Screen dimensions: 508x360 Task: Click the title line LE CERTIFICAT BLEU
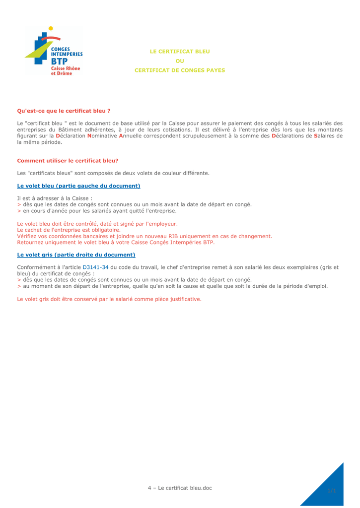pyautogui.click(x=180, y=51)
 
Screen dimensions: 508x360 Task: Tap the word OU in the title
pyautogui.click(x=180, y=61)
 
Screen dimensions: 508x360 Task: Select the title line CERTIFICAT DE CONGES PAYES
pyautogui.click(x=180, y=70)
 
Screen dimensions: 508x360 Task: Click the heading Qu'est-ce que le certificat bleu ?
pyautogui.click(x=64, y=111)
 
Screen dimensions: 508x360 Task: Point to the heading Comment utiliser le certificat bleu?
pyautogui.click(x=68, y=161)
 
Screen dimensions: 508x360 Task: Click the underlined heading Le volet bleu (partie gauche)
pyautogui.click(x=78, y=186)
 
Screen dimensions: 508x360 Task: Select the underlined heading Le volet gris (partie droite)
pyautogui.click(x=76, y=254)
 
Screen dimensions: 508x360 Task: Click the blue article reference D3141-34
pyautogui.click(x=95, y=267)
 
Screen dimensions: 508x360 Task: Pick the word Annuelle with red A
pyautogui.click(x=133, y=135)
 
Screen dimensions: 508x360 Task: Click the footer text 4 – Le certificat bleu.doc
pyautogui.click(x=180, y=488)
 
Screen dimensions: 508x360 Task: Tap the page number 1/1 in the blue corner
pyautogui.click(x=332, y=491)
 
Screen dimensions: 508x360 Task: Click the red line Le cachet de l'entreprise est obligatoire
pyautogui.click(x=69, y=230)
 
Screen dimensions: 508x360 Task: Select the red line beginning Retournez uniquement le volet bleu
pyautogui.click(x=116, y=243)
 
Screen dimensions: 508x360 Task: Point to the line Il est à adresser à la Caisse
pyautogui.click(x=55, y=198)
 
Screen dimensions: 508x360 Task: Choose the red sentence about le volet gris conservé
pyautogui.click(x=109, y=299)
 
